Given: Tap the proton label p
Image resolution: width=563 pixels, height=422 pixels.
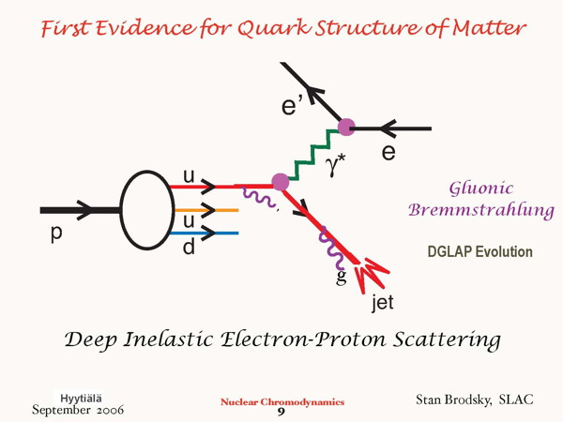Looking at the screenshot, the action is [56, 234].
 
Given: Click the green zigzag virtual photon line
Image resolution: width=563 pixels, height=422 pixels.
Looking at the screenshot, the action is [313, 155].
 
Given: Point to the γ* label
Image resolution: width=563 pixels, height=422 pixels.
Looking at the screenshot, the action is [335, 166].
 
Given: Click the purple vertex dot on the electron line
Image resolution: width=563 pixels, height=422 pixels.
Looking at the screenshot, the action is [346, 127].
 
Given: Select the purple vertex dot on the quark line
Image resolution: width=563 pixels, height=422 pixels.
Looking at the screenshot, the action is [281, 182].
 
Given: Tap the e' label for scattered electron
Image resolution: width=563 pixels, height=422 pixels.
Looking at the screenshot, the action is [293, 106].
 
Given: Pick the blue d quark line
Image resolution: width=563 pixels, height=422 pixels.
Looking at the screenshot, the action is [204, 234].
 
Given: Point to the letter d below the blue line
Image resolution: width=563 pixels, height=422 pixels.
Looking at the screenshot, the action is [189, 247].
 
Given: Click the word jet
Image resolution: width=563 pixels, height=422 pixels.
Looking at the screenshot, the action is [383, 302].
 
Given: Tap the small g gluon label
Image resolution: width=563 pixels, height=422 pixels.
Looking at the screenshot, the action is [342, 277].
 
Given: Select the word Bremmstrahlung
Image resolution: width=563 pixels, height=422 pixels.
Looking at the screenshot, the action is [481, 209].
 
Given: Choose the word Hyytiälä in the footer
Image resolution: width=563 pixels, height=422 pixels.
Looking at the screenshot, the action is [81, 399].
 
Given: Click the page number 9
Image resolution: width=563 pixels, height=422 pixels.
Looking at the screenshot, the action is [281, 412].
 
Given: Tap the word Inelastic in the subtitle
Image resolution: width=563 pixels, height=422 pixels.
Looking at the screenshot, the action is [168, 339].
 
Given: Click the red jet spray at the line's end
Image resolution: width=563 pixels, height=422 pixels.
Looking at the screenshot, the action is [371, 275].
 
